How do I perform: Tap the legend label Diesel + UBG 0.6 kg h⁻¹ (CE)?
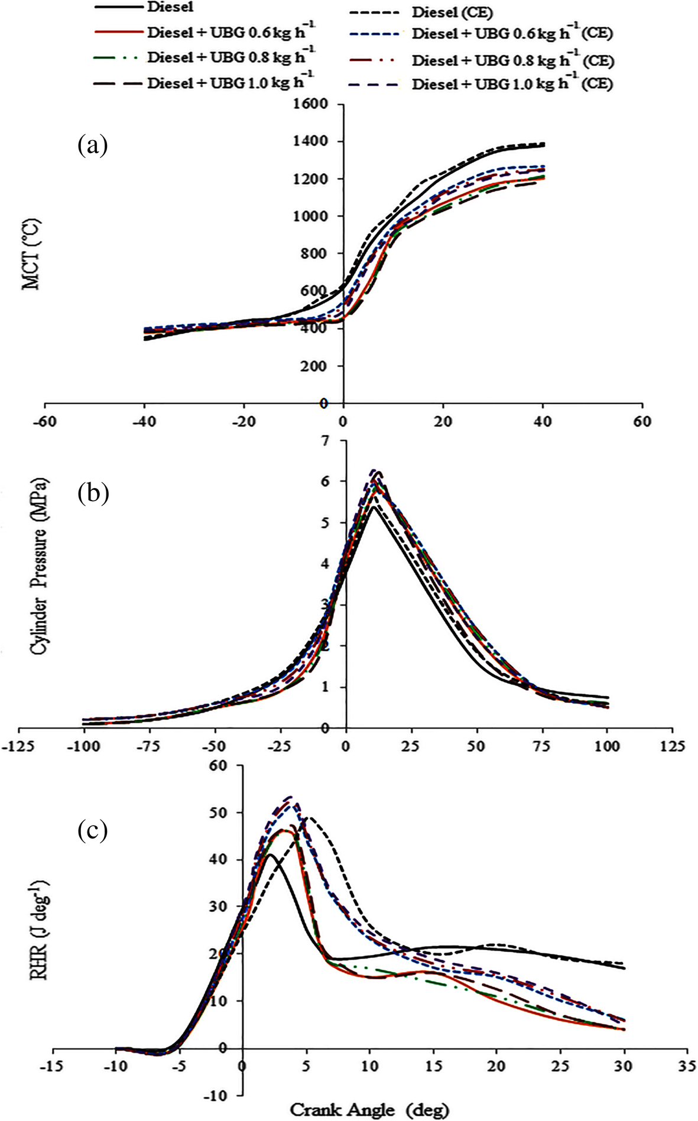pyautogui.click(x=512, y=34)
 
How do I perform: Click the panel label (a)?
pyautogui.click(x=93, y=145)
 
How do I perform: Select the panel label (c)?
pyautogui.click(x=93, y=830)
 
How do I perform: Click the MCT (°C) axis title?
pyautogui.click(x=31, y=254)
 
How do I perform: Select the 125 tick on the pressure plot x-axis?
pyautogui.click(x=671, y=746)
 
